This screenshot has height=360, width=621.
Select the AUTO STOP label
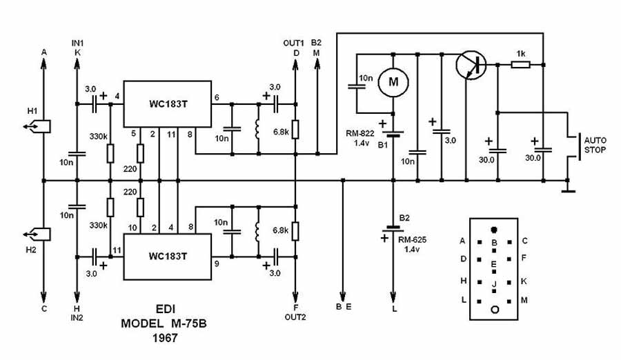point(595,143)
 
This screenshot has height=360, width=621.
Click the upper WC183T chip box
point(166,104)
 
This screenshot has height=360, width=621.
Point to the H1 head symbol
point(35,126)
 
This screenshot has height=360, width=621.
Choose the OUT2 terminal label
point(295,317)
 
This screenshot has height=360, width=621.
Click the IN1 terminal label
point(77,43)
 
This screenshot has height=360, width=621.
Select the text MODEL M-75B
point(163,323)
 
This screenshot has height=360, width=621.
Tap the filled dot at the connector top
point(493,229)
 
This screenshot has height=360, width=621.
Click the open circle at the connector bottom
point(494,310)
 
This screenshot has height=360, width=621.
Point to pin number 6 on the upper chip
point(217,97)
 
